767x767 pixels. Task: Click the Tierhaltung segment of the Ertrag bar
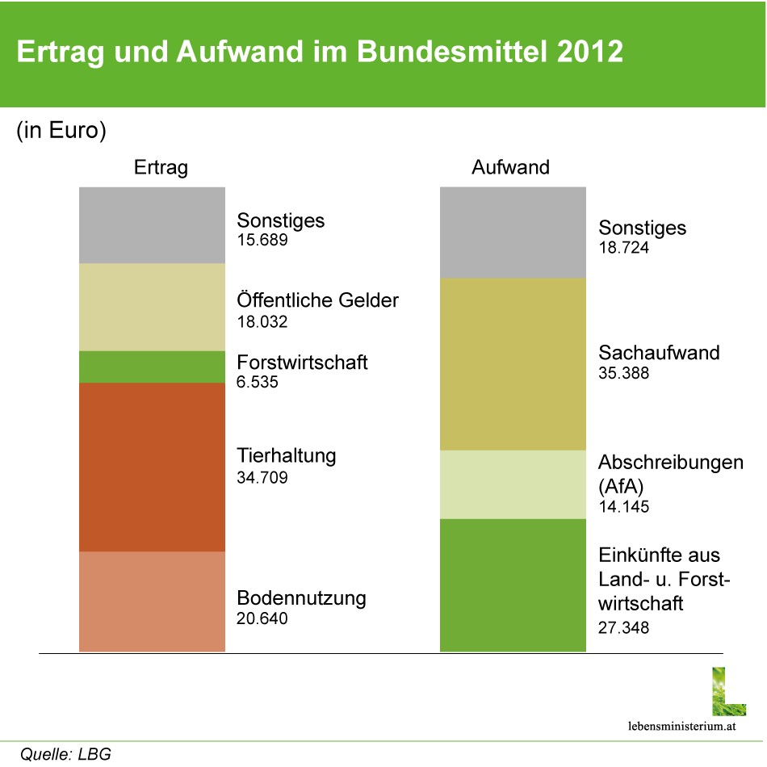pyautogui.click(x=152, y=467)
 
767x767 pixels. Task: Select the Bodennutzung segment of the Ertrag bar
pyautogui.click(x=152, y=601)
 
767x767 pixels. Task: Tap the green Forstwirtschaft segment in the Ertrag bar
pyautogui.click(x=152, y=367)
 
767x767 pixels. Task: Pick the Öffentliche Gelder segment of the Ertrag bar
pyautogui.click(x=152, y=307)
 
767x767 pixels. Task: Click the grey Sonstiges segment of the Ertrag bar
pyautogui.click(x=152, y=225)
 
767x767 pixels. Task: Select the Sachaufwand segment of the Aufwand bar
pyautogui.click(x=513, y=364)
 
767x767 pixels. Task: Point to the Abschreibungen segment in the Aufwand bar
pyautogui.click(x=513, y=484)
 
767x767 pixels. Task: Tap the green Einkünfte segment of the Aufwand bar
pyautogui.click(x=513, y=585)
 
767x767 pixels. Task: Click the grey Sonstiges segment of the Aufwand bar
pyautogui.click(x=513, y=233)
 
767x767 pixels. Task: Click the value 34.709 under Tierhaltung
pyautogui.click(x=262, y=477)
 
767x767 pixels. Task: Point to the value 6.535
pyautogui.click(x=258, y=382)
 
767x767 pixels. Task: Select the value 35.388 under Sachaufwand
pyautogui.click(x=624, y=374)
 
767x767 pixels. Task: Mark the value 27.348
pyautogui.click(x=624, y=627)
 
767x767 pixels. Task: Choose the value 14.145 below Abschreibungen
pyautogui.click(x=624, y=507)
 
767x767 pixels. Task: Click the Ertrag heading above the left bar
pyautogui.click(x=161, y=168)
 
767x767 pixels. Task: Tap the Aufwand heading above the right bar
pyautogui.click(x=510, y=168)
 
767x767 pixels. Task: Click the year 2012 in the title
pyautogui.click(x=590, y=52)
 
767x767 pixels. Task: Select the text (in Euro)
pyautogui.click(x=61, y=131)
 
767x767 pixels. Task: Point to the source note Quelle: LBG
pyautogui.click(x=65, y=755)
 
